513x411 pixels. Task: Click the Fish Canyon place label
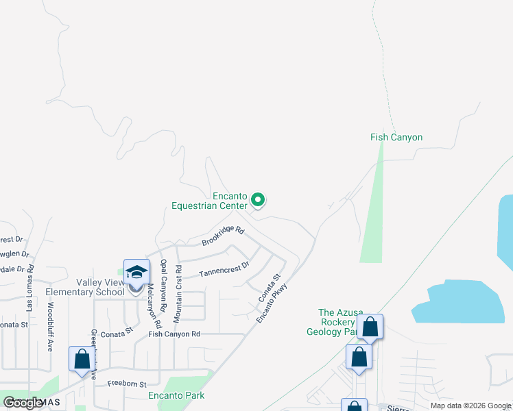coord(396,137)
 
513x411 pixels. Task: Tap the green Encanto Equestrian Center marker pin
coord(258,200)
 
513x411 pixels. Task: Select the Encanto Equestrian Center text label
coord(209,201)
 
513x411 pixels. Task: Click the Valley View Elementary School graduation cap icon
coord(136,273)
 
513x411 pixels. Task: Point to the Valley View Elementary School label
coord(84,287)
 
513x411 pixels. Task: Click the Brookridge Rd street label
coord(223,236)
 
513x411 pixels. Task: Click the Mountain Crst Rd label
coord(178,294)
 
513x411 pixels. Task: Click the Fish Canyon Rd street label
coord(174,334)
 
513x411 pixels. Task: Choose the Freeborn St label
coord(127,385)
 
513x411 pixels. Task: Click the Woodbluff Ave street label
coord(50,325)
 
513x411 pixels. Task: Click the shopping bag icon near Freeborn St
coord(82,359)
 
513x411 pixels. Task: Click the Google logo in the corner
coord(23,403)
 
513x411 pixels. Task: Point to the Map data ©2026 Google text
coord(471,406)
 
